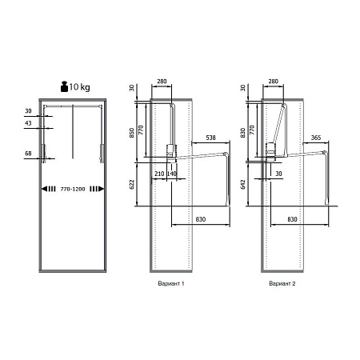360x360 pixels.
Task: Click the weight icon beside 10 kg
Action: (64, 86)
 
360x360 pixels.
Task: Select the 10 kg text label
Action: (79, 87)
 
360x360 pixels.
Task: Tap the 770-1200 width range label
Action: (73, 189)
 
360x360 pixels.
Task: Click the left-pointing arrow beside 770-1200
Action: (49, 189)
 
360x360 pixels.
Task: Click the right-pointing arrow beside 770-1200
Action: (97, 189)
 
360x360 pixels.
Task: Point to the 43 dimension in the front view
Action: (28, 123)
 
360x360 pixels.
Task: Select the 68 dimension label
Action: (28, 154)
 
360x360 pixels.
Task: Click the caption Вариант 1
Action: (171, 283)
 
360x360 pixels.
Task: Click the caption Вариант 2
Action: (282, 283)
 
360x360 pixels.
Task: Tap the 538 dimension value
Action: (210, 138)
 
